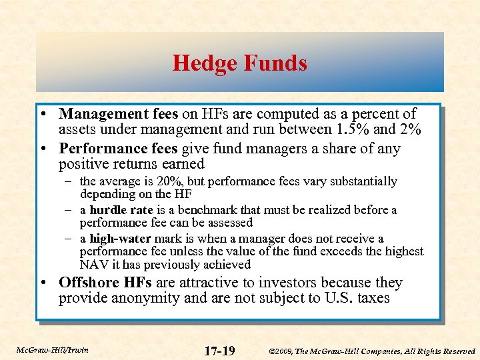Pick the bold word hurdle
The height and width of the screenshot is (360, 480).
[x=109, y=210]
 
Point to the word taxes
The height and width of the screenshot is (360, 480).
[x=373, y=297]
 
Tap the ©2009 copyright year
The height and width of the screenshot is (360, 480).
[x=281, y=351]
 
